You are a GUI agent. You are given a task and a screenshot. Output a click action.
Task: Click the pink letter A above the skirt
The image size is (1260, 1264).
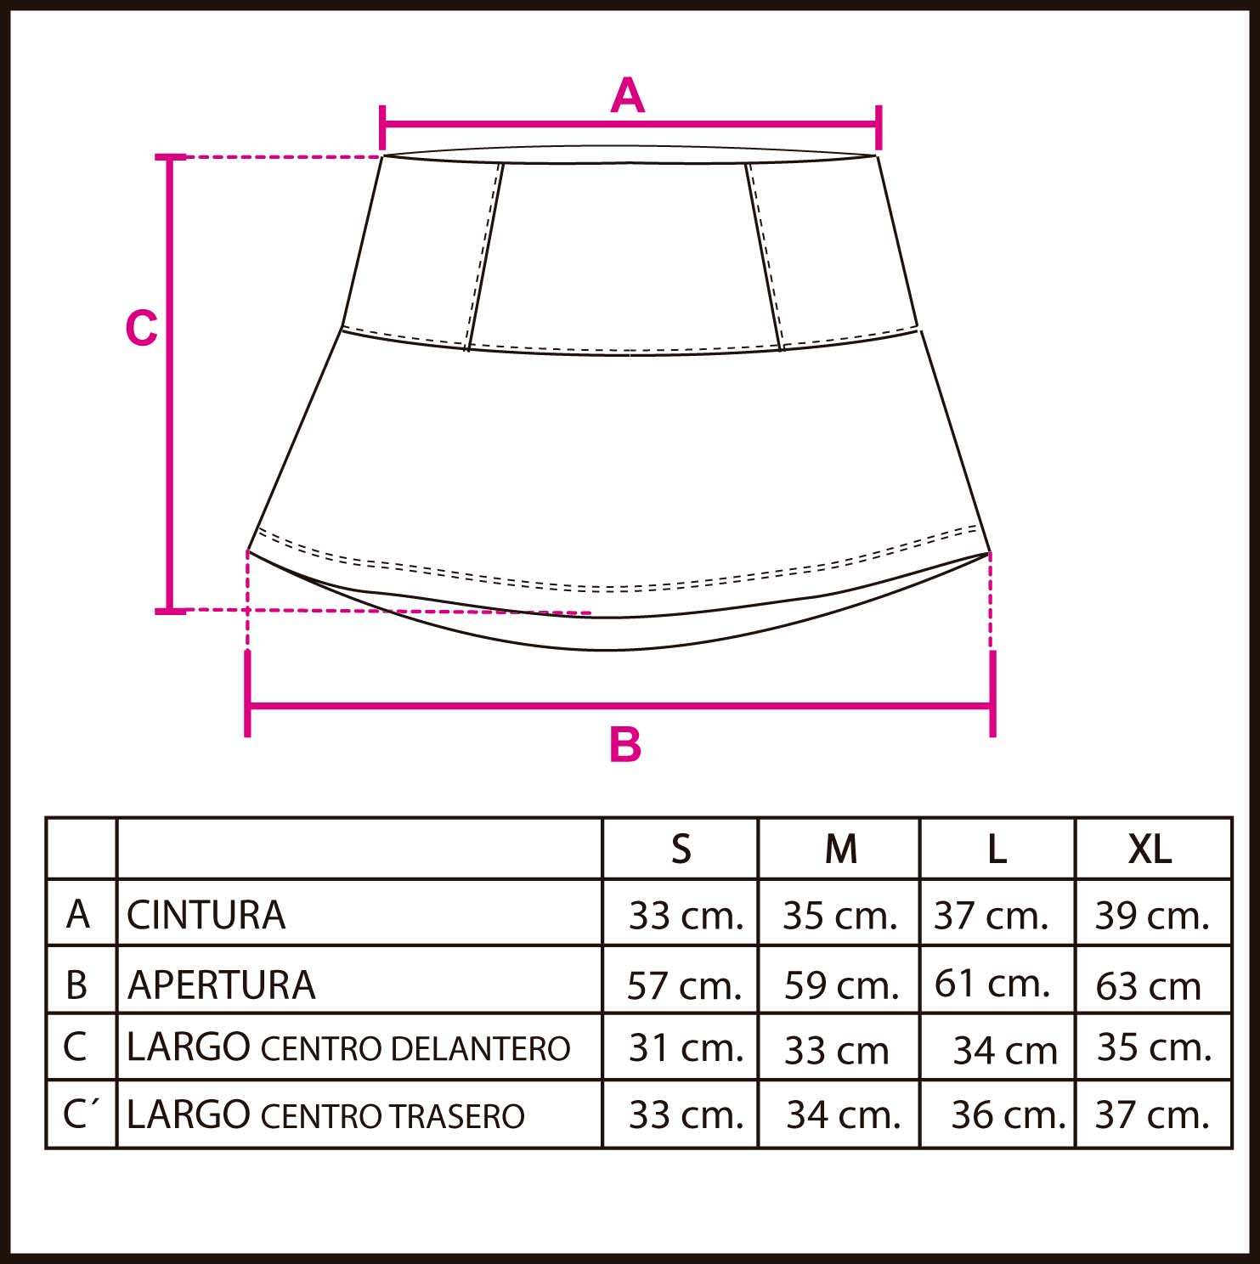pos(628,95)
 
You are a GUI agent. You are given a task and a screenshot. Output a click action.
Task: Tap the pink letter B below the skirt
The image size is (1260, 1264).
pos(625,745)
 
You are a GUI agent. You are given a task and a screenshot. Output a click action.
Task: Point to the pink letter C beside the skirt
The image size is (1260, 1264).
pos(141,328)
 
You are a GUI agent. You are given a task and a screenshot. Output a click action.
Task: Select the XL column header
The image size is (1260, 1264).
pos(1150,849)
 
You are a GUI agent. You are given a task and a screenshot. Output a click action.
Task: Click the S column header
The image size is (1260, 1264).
pos(681,849)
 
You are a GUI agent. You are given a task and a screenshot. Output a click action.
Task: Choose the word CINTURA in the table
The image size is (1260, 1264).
pos(206,915)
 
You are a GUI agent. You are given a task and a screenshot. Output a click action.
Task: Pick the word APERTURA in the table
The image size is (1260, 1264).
pos(221,985)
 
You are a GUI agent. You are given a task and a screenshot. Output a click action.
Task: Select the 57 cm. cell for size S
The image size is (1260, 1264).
pos(685,985)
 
